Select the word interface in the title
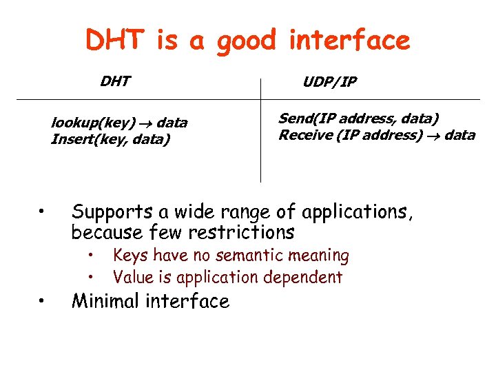click(349, 41)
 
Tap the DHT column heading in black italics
click(114, 82)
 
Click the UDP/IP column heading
click(330, 83)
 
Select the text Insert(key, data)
click(110, 140)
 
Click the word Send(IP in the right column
click(301, 118)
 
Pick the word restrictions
click(242, 232)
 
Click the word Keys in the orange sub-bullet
click(131, 256)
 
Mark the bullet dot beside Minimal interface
click(42, 301)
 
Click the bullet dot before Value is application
click(91, 278)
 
